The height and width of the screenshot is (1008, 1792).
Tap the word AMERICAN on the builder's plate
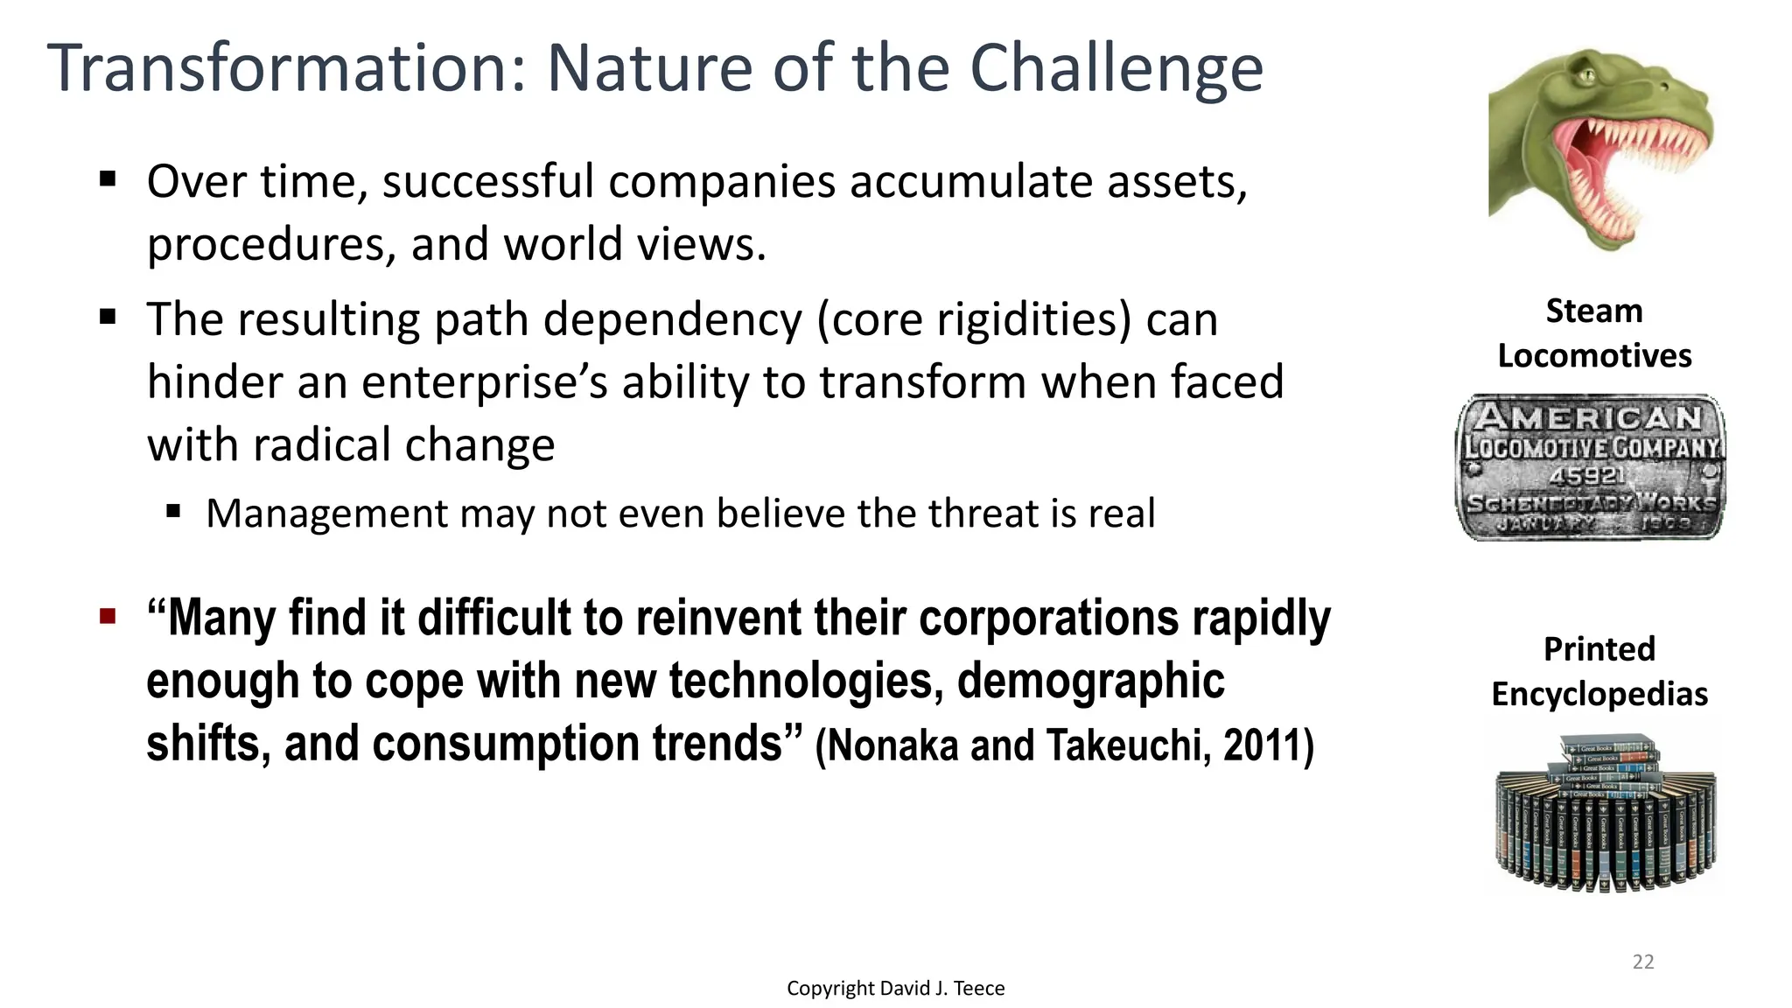(x=1589, y=418)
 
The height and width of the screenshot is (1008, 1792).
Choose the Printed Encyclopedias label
(x=1599, y=671)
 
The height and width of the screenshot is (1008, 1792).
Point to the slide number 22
(x=1643, y=962)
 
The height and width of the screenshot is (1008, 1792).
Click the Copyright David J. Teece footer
(x=895, y=988)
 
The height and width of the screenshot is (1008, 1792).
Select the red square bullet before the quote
(x=108, y=617)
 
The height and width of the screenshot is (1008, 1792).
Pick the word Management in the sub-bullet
(x=325, y=514)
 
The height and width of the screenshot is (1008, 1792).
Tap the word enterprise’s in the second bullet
(x=484, y=383)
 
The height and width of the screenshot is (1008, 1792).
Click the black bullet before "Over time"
(x=108, y=180)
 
